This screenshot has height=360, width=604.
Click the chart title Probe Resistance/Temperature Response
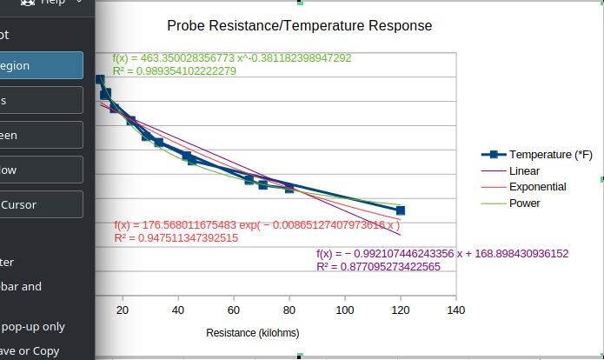[299, 26]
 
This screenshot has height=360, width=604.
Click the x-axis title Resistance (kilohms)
[253, 333]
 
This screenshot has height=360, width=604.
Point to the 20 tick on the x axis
[123, 310]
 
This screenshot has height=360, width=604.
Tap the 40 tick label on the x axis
[178, 310]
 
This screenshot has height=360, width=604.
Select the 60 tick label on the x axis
[234, 310]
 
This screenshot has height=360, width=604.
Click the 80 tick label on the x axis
[289, 310]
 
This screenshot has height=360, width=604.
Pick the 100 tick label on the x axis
[345, 310]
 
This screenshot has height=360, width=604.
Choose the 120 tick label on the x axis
[401, 310]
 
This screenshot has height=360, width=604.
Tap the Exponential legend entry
[537, 187]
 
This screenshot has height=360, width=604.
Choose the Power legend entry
[524, 203]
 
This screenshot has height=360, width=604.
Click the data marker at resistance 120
[401, 210]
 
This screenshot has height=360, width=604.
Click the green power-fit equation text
[232, 58]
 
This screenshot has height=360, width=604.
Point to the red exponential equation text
[257, 224]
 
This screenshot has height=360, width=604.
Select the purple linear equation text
[442, 254]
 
